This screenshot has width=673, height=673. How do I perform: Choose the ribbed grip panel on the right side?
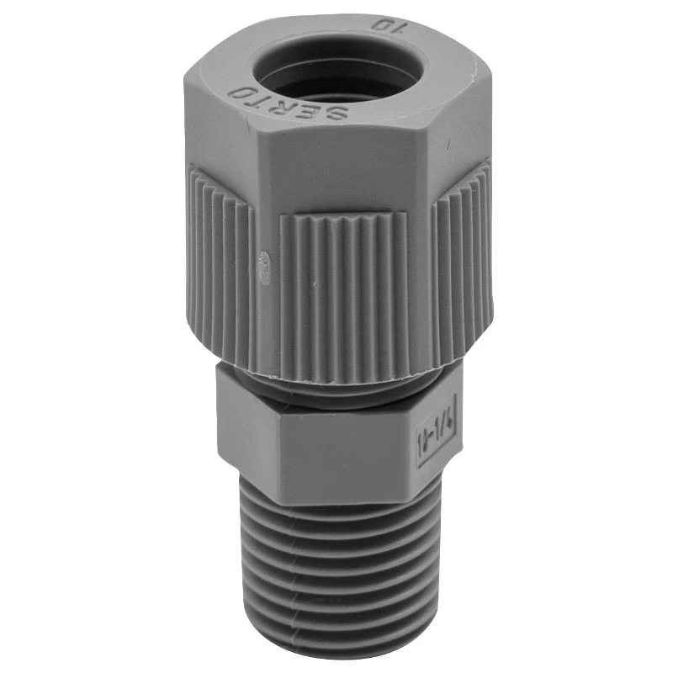coord(458,252)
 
